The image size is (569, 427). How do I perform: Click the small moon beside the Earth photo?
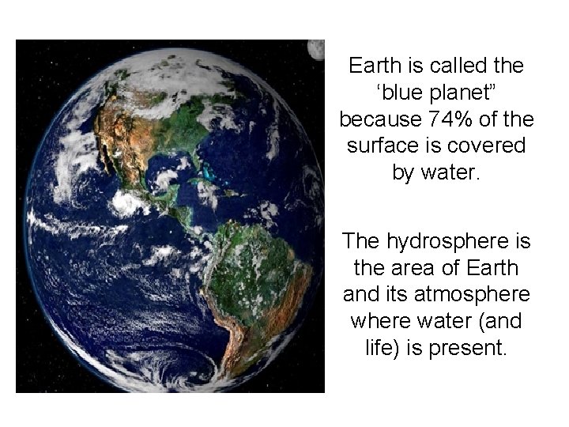point(318,49)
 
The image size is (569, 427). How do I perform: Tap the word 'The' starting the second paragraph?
point(360,240)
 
